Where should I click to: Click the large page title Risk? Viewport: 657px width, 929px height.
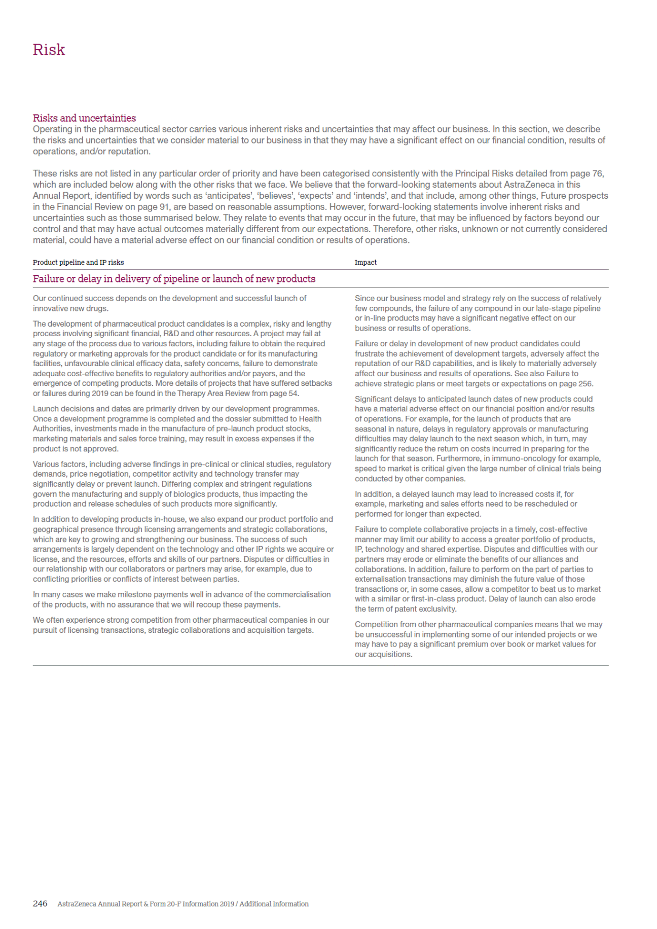pos(49,50)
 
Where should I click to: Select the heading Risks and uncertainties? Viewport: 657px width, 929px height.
pos(84,118)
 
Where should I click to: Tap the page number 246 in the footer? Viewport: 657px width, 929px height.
pos(40,904)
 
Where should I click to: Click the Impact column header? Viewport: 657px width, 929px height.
pos(366,262)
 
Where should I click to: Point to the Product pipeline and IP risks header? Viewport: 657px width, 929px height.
pos(78,262)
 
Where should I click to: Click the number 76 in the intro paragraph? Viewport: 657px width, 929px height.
pos(598,173)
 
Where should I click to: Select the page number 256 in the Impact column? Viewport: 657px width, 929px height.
pos(585,383)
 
